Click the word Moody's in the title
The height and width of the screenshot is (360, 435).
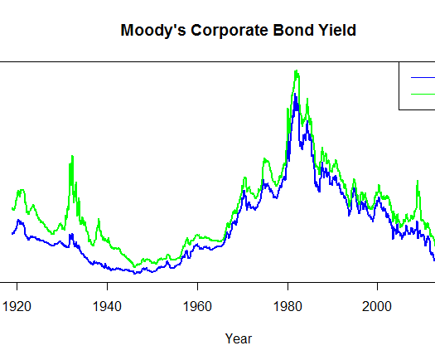pyautogui.click(x=153, y=31)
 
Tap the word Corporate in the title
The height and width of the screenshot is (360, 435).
pyautogui.click(x=230, y=31)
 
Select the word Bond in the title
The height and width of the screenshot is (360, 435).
pyautogui.click(x=293, y=30)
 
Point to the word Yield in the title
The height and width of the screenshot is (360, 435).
pyautogui.click(x=337, y=30)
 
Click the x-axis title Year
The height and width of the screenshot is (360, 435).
pyautogui.click(x=239, y=338)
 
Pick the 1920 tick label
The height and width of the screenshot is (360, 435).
pyautogui.click(x=17, y=306)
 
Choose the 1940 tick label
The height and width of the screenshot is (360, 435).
pyautogui.click(x=107, y=306)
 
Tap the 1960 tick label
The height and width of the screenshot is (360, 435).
pyautogui.click(x=197, y=306)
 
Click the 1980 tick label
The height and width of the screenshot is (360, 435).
pyautogui.click(x=288, y=306)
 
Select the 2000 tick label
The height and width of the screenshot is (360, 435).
pyautogui.click(x=377, y=306)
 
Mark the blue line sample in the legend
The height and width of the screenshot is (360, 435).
pyautogui.click(x=423, y=77)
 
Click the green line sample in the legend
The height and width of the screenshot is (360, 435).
pyautogui.click(x=423, y=95)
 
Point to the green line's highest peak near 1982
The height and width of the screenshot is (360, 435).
pyautogui.click(x=297, y=71)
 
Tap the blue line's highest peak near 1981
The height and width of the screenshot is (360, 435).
pyautogui.click(x=295, y=94)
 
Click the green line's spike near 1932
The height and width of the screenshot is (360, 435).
pyautogui.click(x=72, y=156)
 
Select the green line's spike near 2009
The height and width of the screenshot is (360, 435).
pyautogui.click(x=418, y=181)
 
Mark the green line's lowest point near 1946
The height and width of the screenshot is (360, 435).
pyautogui.click(x=134, y=266)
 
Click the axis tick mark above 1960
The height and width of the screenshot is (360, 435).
pyautogui.click(x=197, y=286)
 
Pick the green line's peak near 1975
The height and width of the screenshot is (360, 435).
pyautogui.click(x=265, y=159)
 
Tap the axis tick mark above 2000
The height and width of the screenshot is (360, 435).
pyautogui.click(x=377, y=286)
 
